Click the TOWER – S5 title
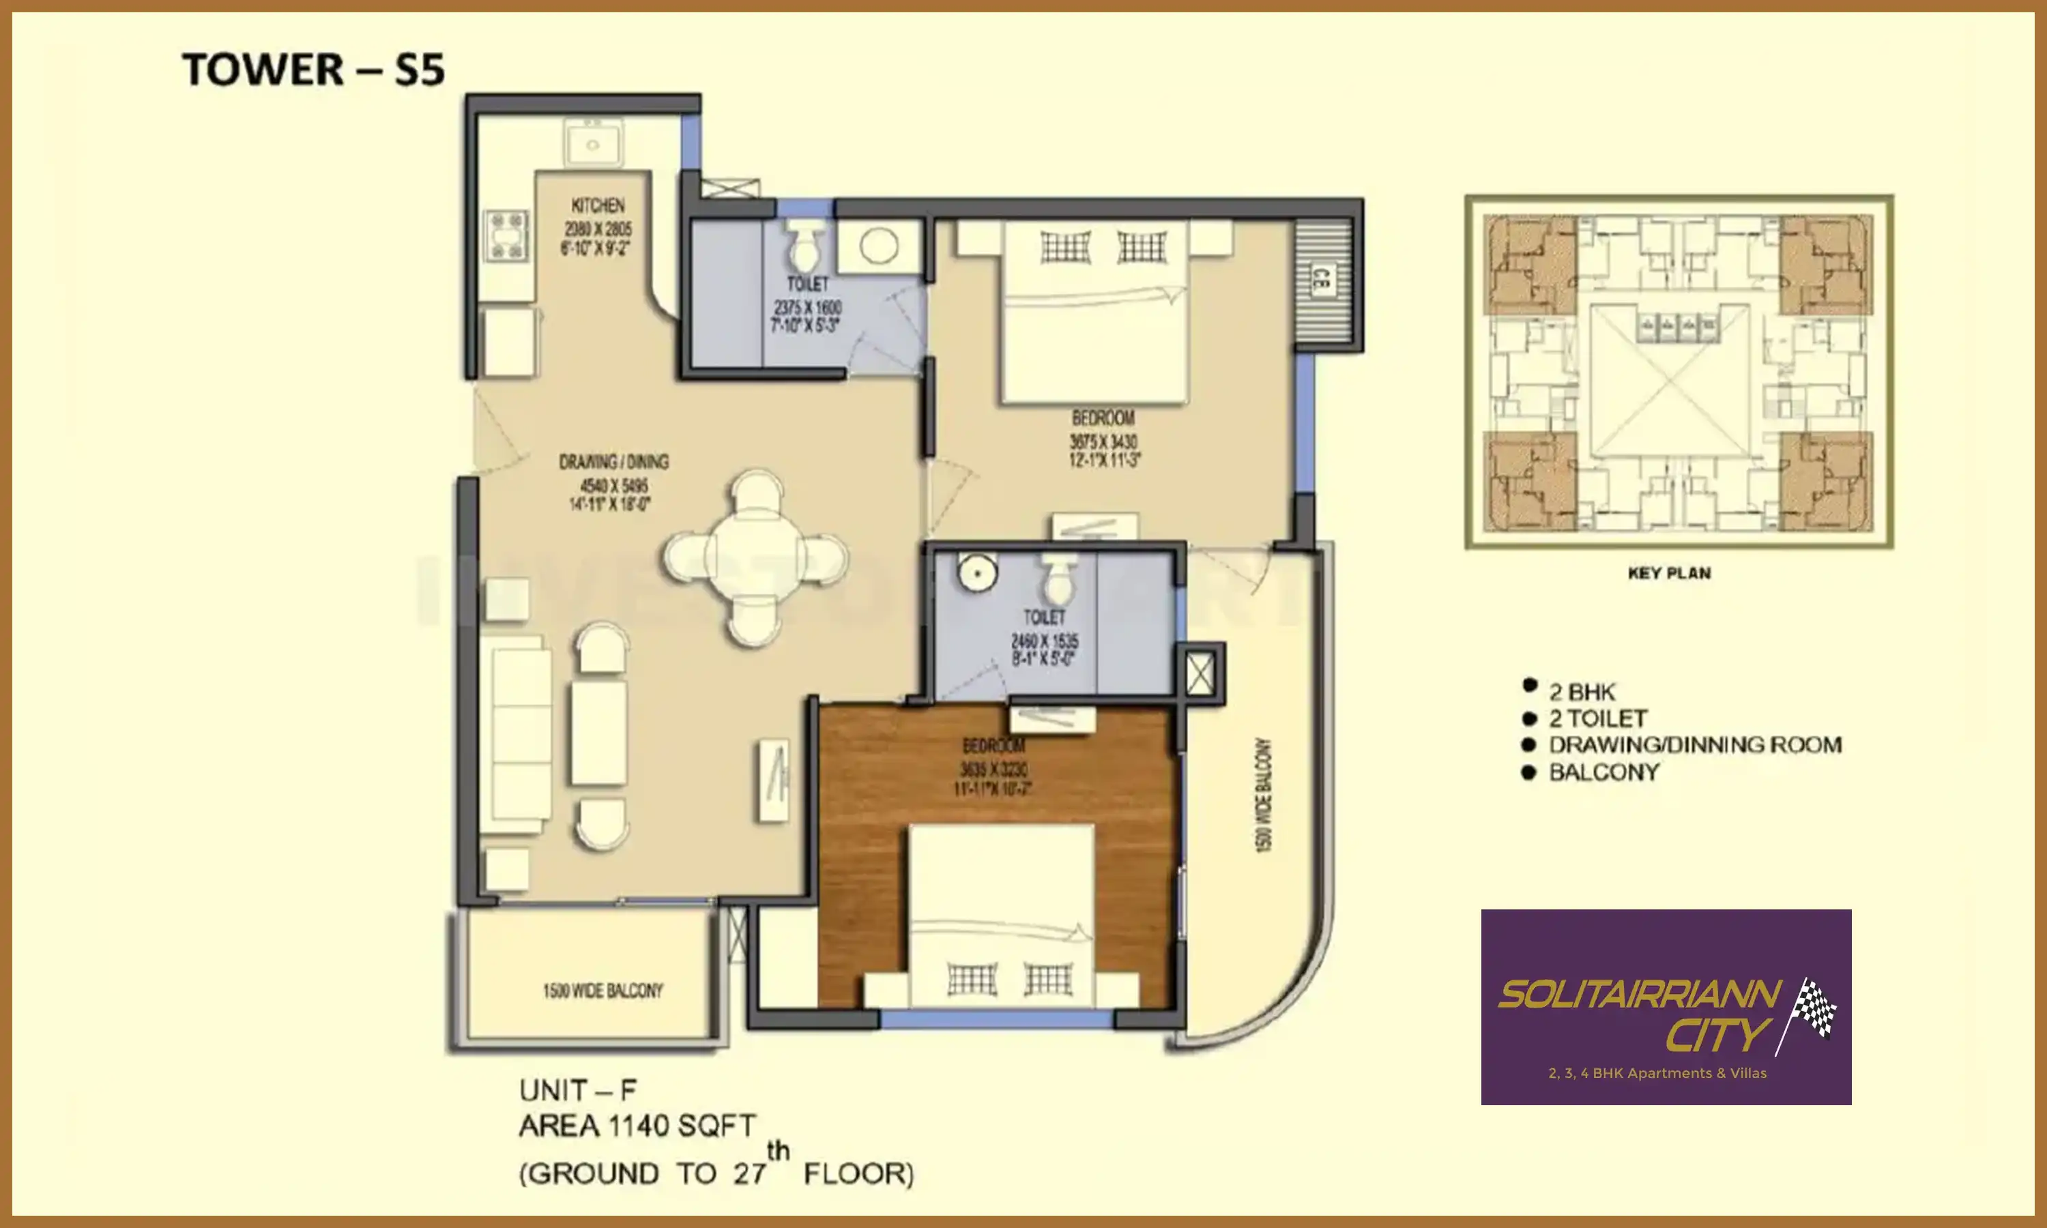coord(313,70)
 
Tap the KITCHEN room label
coord(598,205)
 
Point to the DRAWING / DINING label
coord(613,462)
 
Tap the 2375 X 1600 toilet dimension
coord(808,307)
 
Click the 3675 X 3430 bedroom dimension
coord(1103,442)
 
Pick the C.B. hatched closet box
coord(1322,281)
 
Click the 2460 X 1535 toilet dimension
coord(1044,641)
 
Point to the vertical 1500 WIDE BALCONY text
coord(1262,794)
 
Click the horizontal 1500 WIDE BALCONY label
coord(603,991)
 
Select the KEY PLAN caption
coord(1669,572)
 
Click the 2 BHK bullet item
coord(1581,692)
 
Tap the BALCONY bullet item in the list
coord(1603,772)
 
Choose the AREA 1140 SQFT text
coord(637,1126)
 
